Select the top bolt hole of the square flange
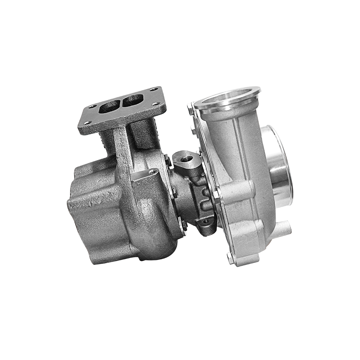click(x=154, y=89)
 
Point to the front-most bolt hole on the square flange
click(x=87, y=123)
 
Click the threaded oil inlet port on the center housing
click(x=185, y=159)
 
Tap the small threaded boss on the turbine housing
click(x=153, y=172)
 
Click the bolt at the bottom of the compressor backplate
click(x=230, y=257)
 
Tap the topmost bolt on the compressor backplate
click(x=190, y=109)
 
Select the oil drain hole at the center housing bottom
click(x=206, y=221)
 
